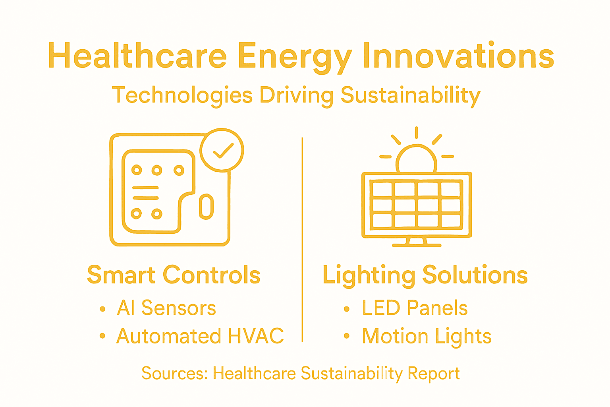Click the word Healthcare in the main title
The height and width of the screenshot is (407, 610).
[x=137, y=56]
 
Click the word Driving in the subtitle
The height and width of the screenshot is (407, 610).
[x=296, y=96]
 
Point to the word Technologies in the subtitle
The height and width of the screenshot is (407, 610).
[x=182, y=96]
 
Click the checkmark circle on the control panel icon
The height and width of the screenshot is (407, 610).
[x=222, y=150]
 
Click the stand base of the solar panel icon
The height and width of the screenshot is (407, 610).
[x=417, y=244]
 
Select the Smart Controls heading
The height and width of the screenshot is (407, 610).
[x=174, y=275]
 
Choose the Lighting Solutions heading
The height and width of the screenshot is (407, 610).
[x=425, y=275]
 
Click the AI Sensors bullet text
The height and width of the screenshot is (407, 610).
[x=166, y=308]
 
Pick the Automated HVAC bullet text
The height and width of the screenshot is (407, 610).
[x=200, y=336]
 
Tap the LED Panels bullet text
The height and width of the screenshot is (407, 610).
[x=415, y=308]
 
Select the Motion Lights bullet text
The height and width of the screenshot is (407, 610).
[x=427, y=337]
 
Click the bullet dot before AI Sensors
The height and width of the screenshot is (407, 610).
[x=102, y=309]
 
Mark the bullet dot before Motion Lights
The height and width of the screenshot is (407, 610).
[x=346, y=336]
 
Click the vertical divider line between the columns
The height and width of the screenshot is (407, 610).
[x=302, y=238]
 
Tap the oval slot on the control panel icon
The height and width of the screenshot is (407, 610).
[x=206, y=206]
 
